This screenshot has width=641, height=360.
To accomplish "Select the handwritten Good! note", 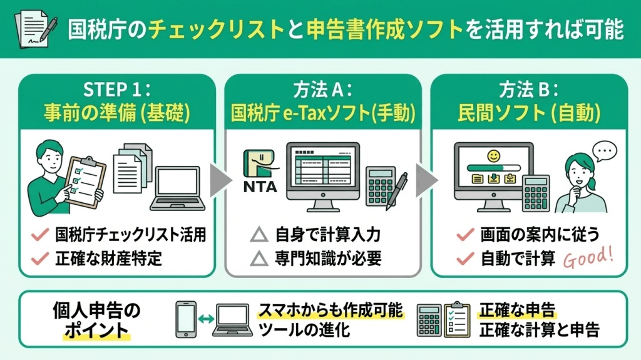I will click(588, 257).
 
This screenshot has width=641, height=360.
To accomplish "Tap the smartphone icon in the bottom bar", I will click(186, 320).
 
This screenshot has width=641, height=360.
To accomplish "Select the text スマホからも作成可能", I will click(331, 311).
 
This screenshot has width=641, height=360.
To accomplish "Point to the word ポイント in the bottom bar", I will click(96, 330).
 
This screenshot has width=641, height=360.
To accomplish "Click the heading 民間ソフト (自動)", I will click(530, 113).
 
